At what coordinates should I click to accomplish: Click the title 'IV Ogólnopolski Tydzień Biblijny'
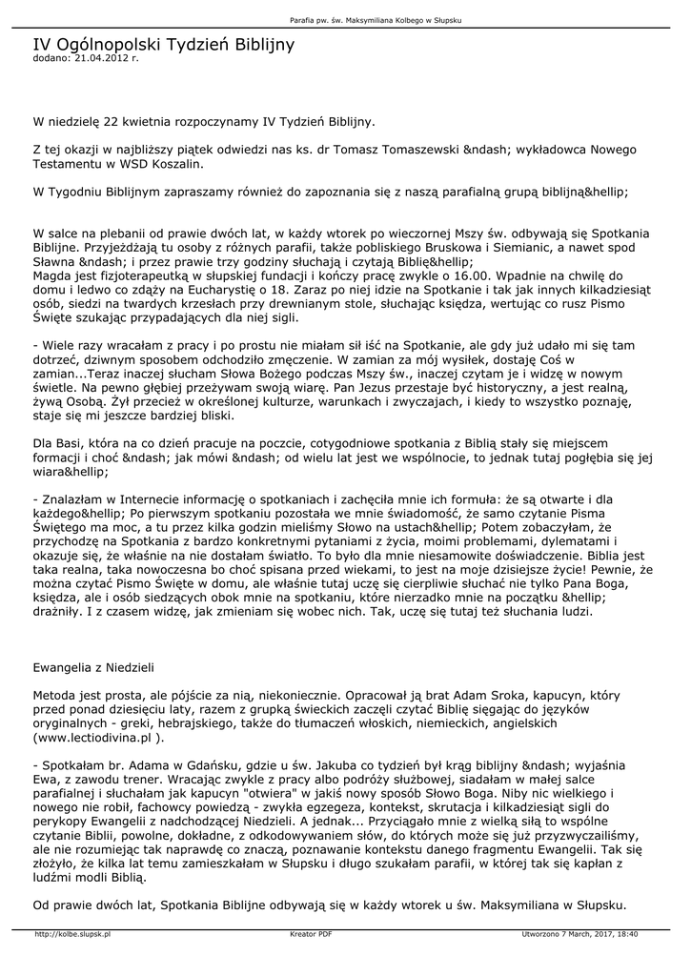(x=164, y=45)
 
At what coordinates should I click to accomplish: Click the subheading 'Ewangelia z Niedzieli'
(x=92, y=667)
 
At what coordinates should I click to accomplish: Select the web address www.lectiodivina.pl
(x=93, y=737)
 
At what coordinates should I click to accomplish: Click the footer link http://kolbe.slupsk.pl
(x=72, y=934)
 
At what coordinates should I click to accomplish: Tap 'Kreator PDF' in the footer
(x=311, y=934)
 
